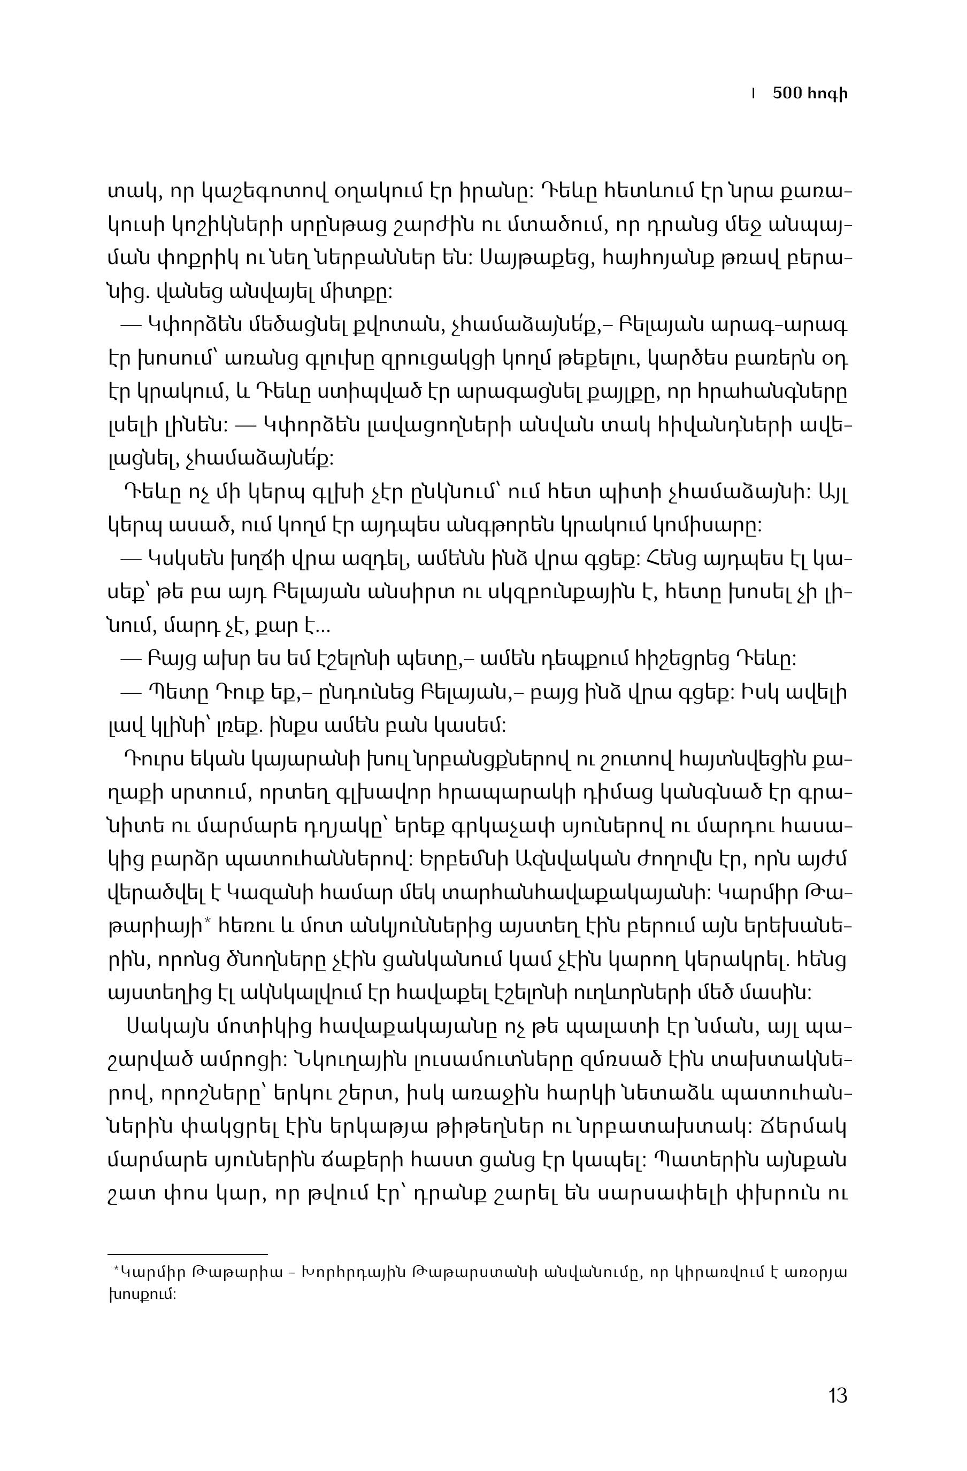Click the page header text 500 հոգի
pos(809,94)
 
